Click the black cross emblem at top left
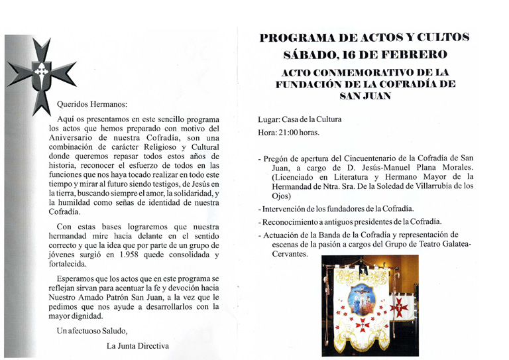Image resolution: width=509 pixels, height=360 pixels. coord(41,74)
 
